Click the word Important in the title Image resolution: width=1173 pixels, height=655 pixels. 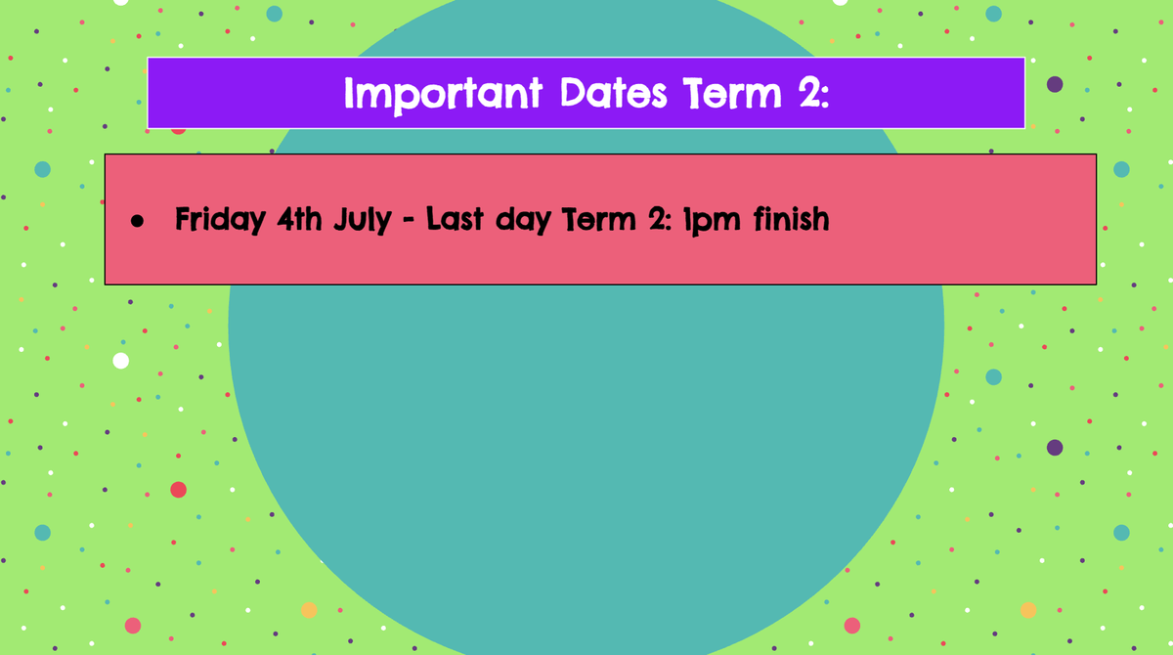pyautogui.click(x=443, y=95)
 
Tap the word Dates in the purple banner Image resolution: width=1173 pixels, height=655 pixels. pyautogui.click(x=613, y=93)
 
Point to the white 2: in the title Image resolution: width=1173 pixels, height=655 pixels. pyautogui.click(x=814, y=92)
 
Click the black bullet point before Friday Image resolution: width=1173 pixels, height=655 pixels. pyautogui.click(x=137, y=221)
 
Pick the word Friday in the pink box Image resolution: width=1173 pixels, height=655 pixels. pyautogui.click(x=220, y=220)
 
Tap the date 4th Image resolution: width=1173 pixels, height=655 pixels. pyautogui.click(x=299, y=218)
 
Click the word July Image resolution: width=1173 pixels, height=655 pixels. pyautogui.click(x=363, y=220)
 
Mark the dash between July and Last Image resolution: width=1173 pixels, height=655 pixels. pyautogui.click(x=409, y=221)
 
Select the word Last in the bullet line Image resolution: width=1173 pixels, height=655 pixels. pyautogui.click(x=454, y=218)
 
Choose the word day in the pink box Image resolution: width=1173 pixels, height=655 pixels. pyautogui.click(x=523, y=221)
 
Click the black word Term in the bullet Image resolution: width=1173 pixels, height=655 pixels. pyautogui.click(x=598, y=218)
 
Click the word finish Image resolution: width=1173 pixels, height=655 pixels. pyautogui.click(x=791, y=218)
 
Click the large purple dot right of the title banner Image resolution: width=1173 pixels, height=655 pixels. pyautogui.click(x=1055, y=84)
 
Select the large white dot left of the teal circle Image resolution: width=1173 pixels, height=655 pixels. pyautogui.click(x=121, y=361)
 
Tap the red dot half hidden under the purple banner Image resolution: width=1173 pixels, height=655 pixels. pyautogui.click(x=178, y=131)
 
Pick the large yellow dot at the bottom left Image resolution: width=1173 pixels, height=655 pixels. pyautogui.click(x=309, y=610)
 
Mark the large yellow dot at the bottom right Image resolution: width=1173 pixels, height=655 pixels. pyautogui.click(x=1028, y=610)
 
